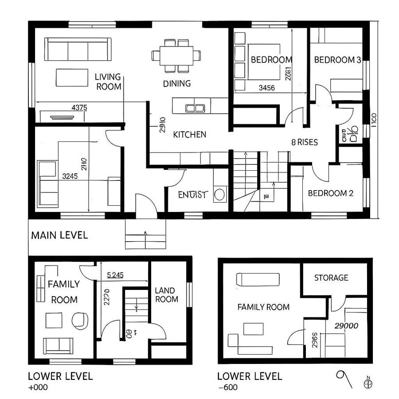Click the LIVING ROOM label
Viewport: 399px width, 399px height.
pos(108,82)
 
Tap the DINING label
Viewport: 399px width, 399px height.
pos(176,83)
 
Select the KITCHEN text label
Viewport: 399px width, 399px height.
pos(189,134)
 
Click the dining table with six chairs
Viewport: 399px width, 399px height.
pos(176,55)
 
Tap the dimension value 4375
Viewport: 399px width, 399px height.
pos(79,107)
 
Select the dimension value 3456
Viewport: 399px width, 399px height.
pos(266,88)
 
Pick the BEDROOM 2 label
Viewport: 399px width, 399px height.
pos(330,193)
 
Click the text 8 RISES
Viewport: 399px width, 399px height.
pos(304,142)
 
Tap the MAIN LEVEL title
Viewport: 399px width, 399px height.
pos(59,235)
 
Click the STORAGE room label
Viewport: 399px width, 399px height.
pos(331,278)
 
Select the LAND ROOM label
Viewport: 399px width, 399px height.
pos(166,295)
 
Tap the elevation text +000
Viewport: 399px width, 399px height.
pos(38,387)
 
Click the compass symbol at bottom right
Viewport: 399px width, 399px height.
pos(367,382)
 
